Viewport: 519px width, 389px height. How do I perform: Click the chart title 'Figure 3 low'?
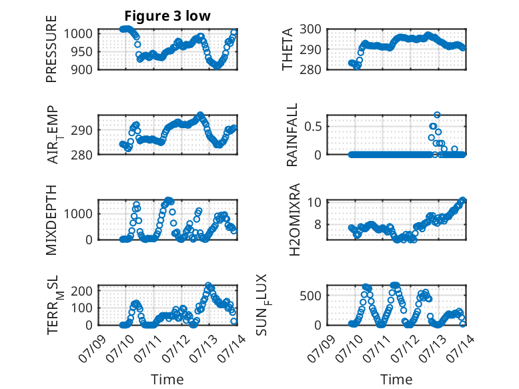pos(167,16)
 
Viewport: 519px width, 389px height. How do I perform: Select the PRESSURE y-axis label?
pos(51,49)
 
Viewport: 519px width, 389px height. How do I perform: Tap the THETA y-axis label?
pos(288,49)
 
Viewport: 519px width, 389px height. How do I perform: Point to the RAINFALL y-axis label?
pos(292,135)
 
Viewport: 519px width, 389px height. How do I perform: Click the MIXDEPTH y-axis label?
pos(51,220)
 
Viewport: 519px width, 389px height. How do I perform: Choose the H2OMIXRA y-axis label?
pos(294,220)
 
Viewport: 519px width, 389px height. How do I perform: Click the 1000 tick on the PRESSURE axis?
pos(78,34)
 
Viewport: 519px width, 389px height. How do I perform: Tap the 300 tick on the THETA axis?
pos(310,29)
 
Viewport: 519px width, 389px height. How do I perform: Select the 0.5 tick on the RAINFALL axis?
pos(313,127)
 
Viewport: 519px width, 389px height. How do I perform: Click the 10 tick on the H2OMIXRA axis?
pos(314,202)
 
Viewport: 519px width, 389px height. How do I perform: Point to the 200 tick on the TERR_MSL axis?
pos(82,291)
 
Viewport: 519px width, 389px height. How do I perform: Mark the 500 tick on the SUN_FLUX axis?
pos(310,296)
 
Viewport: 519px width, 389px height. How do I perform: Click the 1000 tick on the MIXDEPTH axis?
pos(78,214)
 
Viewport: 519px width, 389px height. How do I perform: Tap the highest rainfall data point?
pos(437,115)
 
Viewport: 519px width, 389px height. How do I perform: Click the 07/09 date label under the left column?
pos(92,348)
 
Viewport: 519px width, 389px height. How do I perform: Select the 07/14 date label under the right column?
pos(460,348)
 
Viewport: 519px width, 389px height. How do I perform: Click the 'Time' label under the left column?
pos(167,380)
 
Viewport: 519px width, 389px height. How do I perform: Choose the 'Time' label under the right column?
pos(396,380)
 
